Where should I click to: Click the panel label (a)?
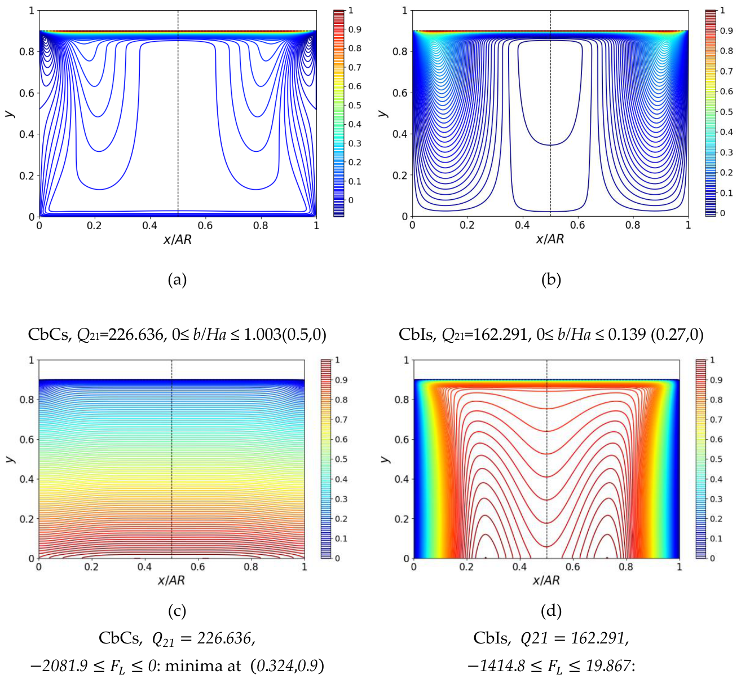177,279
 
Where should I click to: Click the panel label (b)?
551,279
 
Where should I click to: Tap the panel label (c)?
177,611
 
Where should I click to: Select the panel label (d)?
551,611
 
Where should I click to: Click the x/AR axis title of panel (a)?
178,240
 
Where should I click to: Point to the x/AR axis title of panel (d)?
546,580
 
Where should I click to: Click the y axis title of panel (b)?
383,113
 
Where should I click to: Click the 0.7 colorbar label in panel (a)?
355,67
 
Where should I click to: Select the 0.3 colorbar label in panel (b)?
726,152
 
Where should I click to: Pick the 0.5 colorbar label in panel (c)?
341,459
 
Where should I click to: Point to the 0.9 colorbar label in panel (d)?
716,380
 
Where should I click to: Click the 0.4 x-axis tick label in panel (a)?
149,225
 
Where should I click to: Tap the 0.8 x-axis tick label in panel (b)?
632,225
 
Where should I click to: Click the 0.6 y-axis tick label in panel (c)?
27,439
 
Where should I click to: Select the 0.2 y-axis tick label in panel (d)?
402,519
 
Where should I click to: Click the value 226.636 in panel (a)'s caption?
135,334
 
